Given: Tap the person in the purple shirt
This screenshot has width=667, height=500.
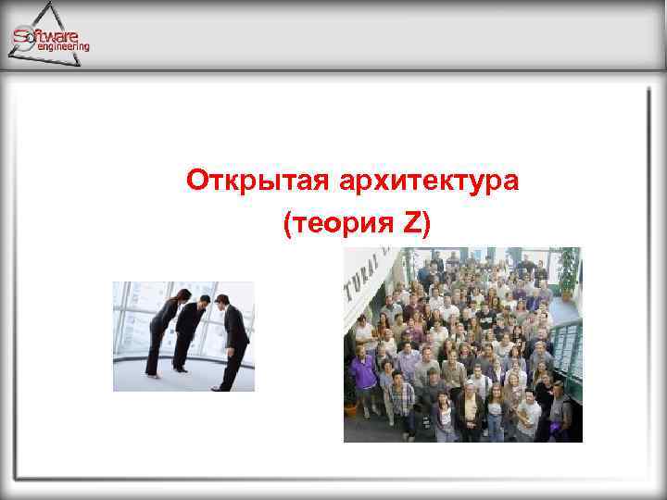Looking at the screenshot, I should pyautogui.click(x=363, y=375).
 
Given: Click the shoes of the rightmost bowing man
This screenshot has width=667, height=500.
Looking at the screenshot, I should pyautogui.click(x=221, y=388).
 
